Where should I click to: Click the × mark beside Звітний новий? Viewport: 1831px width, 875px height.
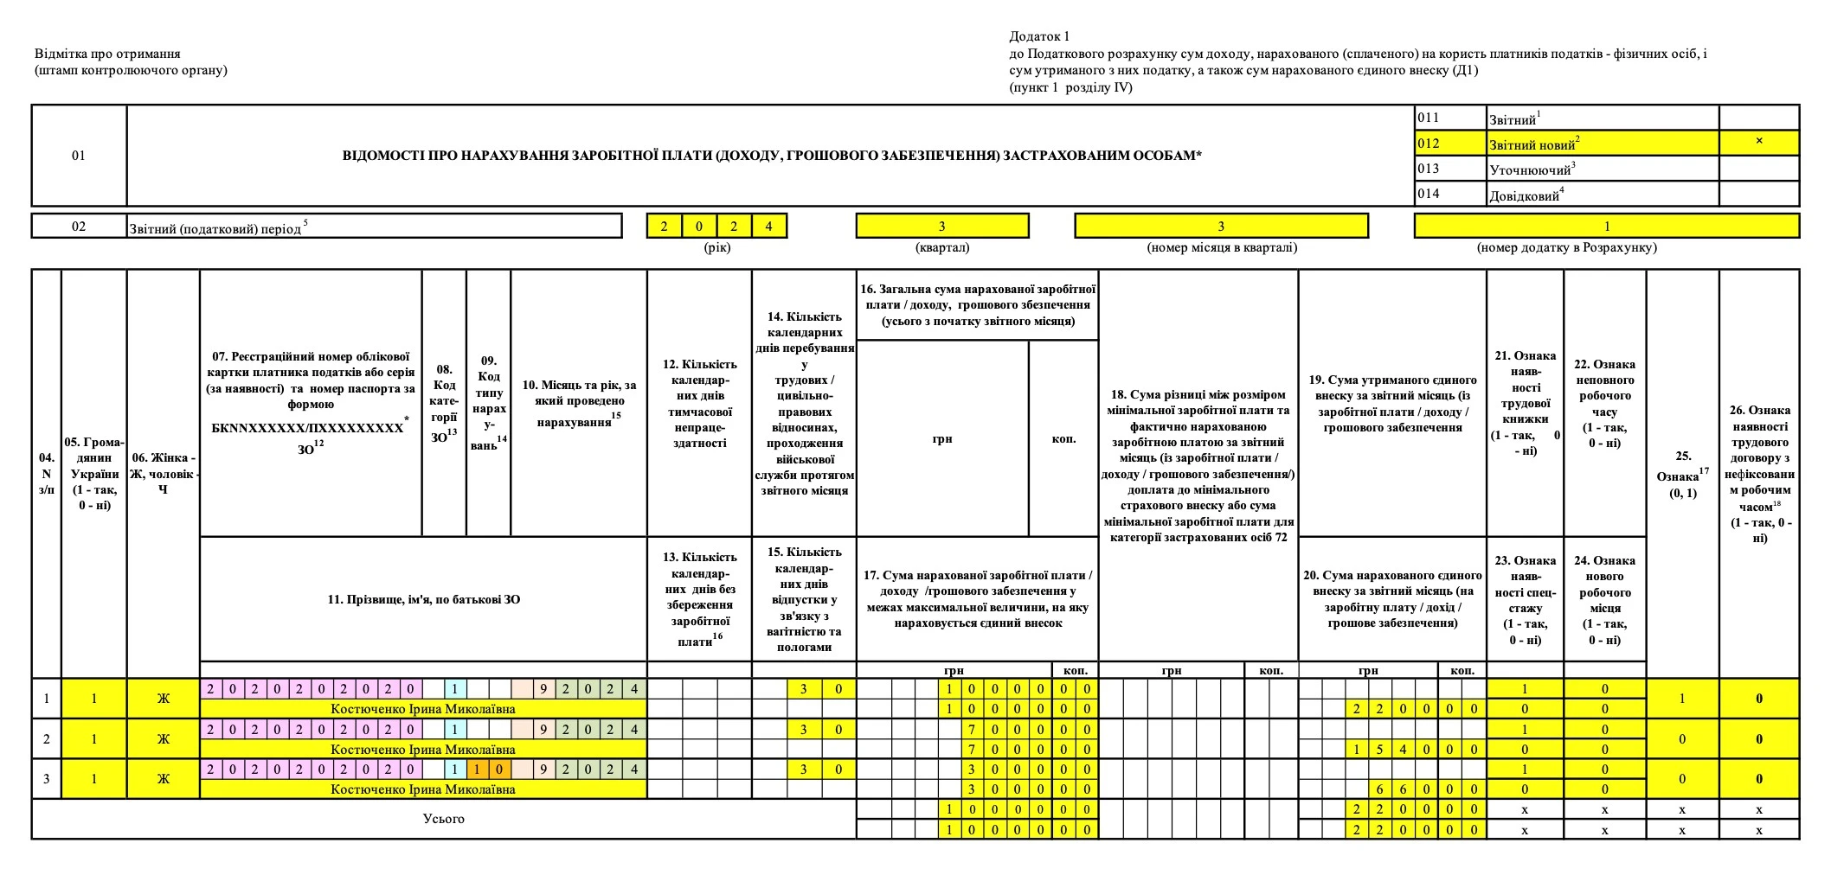click(1758, 142)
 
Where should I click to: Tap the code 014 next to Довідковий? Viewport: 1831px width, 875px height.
click(1429, 194)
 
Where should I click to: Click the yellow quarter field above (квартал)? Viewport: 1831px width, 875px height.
click(941, 227)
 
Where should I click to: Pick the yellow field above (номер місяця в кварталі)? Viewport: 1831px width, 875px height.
click(1221, 227)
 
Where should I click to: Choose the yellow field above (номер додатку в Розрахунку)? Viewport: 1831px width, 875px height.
click(1606, 227)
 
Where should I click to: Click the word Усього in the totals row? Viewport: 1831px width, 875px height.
click(443, 819)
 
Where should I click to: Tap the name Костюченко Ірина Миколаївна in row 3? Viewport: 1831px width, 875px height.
click(423, 789)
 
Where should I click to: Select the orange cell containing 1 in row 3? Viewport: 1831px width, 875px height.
click(478, 769)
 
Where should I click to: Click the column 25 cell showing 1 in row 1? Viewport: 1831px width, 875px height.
click(1682, 699)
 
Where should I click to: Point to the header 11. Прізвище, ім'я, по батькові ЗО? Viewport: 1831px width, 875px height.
click(423, 599)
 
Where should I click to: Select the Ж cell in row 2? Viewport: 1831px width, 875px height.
click(163, 739)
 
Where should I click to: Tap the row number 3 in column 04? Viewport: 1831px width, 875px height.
click(47, 779)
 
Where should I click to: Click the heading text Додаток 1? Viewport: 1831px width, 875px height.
click(1039, 36)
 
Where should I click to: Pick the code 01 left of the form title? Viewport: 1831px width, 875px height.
click(79, 156)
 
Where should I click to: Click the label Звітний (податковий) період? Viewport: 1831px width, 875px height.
click(216, 228)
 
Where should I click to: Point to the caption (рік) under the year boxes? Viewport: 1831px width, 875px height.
click(716, 247)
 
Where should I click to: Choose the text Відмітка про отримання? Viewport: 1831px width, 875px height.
click(107, 54)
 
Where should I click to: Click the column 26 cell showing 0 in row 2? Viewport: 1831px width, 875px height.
click(1758, 739)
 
